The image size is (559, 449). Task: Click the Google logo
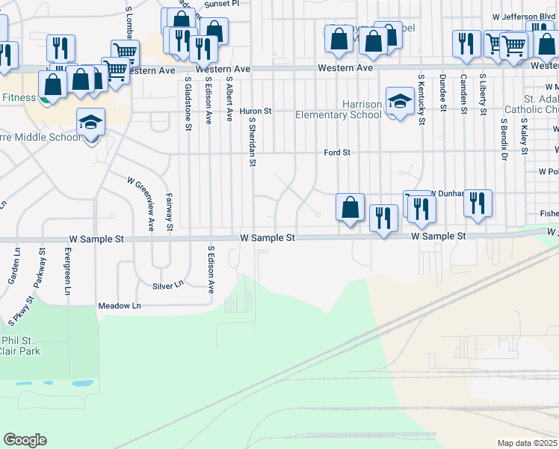click(x=25, y=440)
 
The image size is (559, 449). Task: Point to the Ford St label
click(x=337, y=153)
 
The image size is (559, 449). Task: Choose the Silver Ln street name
click(x=167, y=285)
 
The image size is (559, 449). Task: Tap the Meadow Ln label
click(x=120, y=306)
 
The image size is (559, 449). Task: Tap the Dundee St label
click(x=442, y=92)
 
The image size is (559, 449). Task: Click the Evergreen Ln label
click(x=67, y=272)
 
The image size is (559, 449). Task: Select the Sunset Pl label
click(x=223, y=4)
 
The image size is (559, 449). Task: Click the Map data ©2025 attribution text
click(x=527, y=443)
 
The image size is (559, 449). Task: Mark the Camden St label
click(x=463, y=92)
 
